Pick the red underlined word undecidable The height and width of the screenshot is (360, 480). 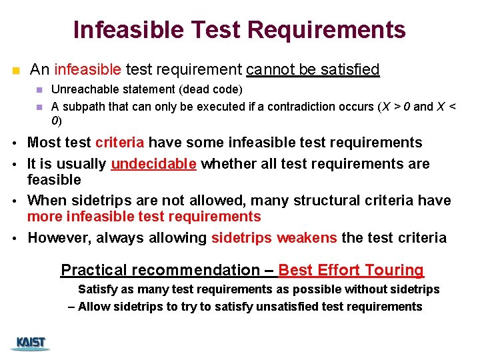pos(153,163)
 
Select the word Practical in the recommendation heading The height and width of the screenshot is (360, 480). pos(93,270)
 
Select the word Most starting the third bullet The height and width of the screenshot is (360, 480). pos(43,143)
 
